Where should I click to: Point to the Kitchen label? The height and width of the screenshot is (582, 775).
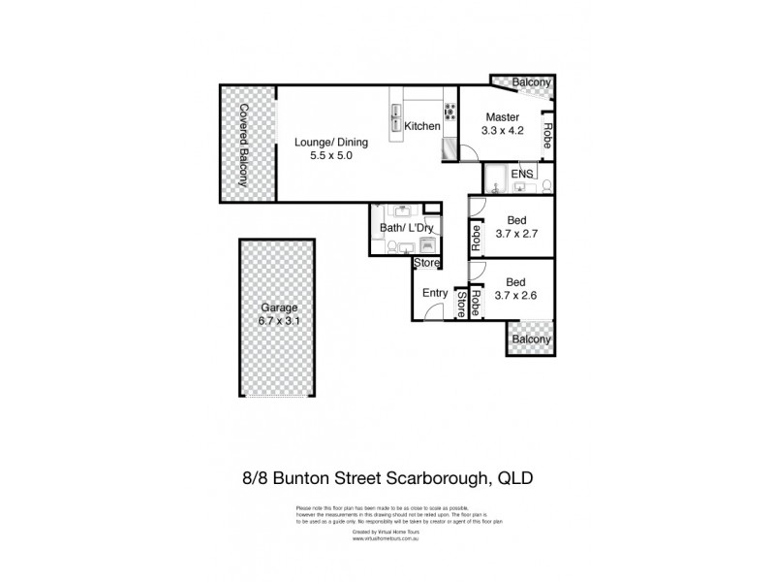pos(422,126)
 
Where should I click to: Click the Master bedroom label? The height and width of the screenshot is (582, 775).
pos(503,117)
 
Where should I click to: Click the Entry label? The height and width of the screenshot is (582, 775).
pos(433,292)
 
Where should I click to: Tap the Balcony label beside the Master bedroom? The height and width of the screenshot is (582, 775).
pos(531,82)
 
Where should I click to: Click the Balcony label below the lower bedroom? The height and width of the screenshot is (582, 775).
pos(531,339)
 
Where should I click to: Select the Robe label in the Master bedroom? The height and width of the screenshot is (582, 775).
pos(547,135)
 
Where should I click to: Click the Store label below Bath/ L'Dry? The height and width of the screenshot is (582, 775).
pos(427,262)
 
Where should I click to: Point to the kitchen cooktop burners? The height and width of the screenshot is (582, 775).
pos(449,109)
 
